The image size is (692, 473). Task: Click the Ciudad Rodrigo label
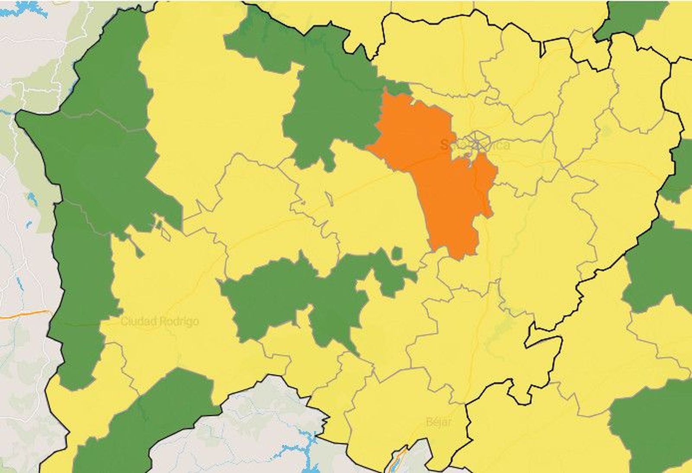160,322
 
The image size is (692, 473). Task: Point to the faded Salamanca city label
475,145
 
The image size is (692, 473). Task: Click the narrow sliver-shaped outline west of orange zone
329,199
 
